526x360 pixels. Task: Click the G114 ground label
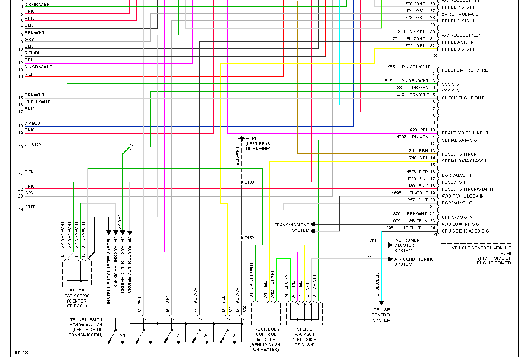(251, 139)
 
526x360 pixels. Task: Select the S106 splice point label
(250, 182)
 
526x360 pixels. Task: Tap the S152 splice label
(250, 238)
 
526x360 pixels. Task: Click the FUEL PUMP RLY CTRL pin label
(464, 70)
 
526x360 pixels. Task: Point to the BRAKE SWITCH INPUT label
(464, 133)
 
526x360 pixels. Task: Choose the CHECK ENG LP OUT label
(463, 98)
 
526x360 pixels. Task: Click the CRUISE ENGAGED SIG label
(465, 231)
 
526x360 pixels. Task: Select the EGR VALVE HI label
(456, 175)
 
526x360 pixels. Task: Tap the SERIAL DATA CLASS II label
(464, 161)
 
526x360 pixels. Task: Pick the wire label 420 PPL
(418, 130)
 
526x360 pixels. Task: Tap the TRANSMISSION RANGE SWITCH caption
(86, 327)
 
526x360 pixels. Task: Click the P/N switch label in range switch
(122, 335)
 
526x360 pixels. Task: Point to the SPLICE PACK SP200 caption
(77, 298)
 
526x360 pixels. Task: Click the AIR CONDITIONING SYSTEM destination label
(414, 261)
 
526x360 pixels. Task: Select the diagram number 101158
(21, 352)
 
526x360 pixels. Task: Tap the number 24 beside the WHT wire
(20, 210)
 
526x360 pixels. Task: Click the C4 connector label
(434, 234)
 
